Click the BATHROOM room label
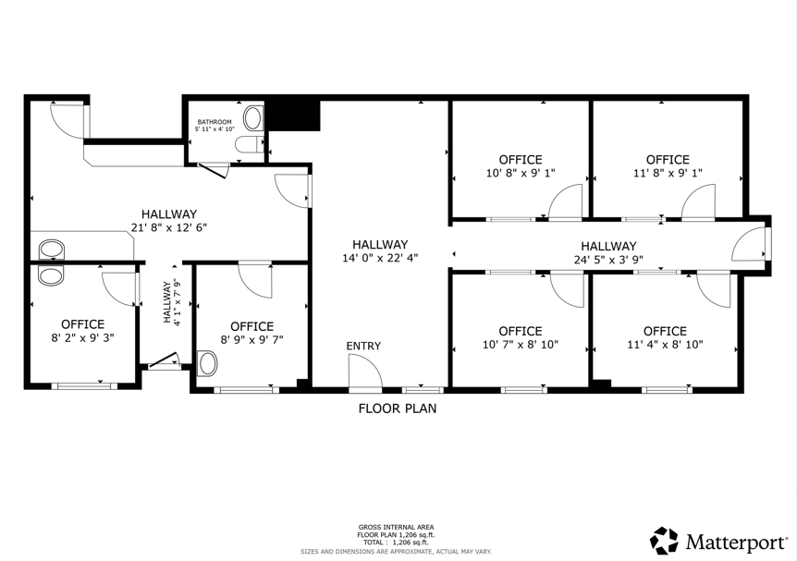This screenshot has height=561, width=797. (215, 122)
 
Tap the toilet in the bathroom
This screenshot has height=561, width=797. (249, 144)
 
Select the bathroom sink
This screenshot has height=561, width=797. (252, 118)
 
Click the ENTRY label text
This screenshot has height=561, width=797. (363, 346)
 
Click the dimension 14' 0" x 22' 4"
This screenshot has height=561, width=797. (380, 258)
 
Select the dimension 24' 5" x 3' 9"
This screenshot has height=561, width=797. (609, 260)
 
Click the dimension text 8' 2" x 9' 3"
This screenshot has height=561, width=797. (83, 338)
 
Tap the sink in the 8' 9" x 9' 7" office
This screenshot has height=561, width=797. (207, 364)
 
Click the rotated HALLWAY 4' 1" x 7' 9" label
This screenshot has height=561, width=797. (172, 302)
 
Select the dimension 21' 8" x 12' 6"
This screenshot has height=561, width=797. (169, 227)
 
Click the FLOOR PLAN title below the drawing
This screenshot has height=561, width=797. (398, 409)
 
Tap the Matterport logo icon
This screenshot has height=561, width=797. (665, 540)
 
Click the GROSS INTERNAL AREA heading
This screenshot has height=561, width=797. (396, 528)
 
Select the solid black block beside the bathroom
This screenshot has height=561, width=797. (293, 116)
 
